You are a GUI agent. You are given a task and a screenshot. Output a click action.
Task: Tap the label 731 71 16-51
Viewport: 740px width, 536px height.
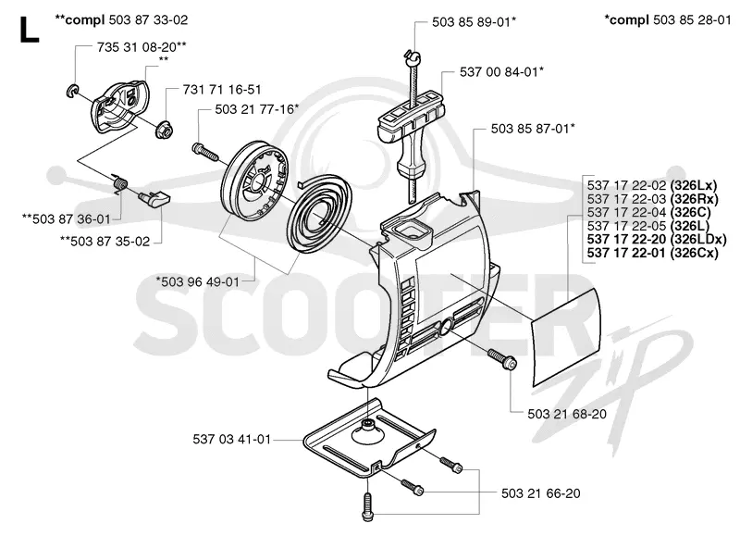[x=222, y=89]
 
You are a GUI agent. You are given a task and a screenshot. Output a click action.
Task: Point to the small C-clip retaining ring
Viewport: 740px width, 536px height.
[x=72, y=90]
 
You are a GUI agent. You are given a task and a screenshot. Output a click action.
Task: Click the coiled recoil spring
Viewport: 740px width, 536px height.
[x=319, y=218]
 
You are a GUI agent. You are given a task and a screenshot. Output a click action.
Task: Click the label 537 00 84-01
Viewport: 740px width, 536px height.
[x=499, y=72]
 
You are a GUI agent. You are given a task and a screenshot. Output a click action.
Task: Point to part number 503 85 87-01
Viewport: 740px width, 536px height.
[x=530, y=129]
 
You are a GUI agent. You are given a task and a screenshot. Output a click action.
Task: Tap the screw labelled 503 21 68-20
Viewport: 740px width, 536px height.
[x=501, y=358]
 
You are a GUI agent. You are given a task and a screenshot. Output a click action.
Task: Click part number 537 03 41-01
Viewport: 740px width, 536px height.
[x=232, y=439]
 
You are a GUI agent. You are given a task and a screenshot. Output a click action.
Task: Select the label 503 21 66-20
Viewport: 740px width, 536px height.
[x=541, y=493]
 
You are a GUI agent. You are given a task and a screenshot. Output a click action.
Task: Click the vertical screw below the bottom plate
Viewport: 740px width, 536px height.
[x=368, y=506]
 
